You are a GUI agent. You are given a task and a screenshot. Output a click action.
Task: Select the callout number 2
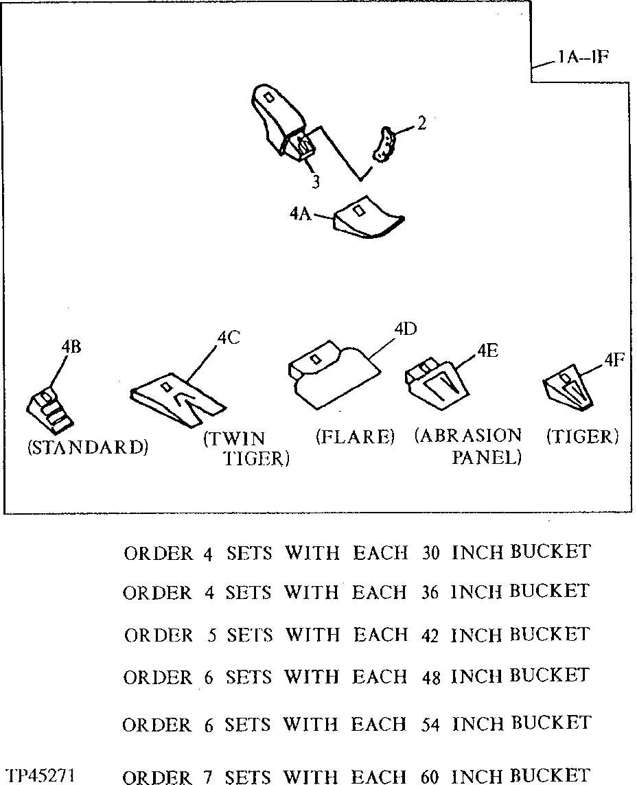(421, 124)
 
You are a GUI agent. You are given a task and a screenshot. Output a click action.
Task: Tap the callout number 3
(314, 182)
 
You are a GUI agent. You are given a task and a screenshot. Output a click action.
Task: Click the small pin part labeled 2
(385, 145)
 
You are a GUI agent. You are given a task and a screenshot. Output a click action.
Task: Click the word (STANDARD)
(87, 448)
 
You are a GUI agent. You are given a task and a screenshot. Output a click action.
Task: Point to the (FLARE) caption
(355, 437)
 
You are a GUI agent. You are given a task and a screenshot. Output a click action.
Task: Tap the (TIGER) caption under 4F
(583, 436)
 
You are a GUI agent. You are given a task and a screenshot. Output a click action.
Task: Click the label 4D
(405, 329)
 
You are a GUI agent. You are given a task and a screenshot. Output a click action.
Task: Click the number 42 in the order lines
(430, 635)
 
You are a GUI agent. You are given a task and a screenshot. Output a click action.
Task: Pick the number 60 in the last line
(430, 776)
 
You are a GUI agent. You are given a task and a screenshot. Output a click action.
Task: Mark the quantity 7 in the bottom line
(208, 776)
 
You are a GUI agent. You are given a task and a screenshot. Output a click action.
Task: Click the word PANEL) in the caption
(486, 458)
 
